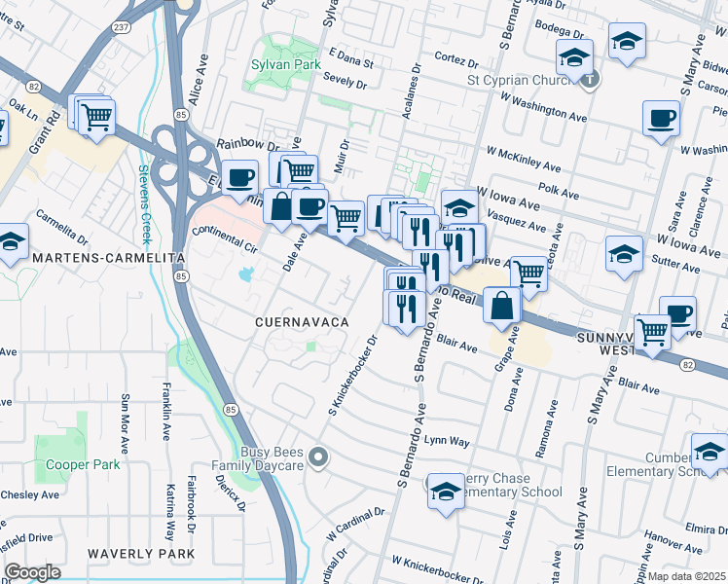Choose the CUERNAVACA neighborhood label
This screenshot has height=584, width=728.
(302, 321)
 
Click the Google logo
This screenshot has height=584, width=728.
(32, 571)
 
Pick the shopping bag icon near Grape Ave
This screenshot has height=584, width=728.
(501, 305)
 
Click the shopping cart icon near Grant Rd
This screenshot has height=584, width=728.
(95, 117)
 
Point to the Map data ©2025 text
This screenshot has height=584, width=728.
(686, 575)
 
